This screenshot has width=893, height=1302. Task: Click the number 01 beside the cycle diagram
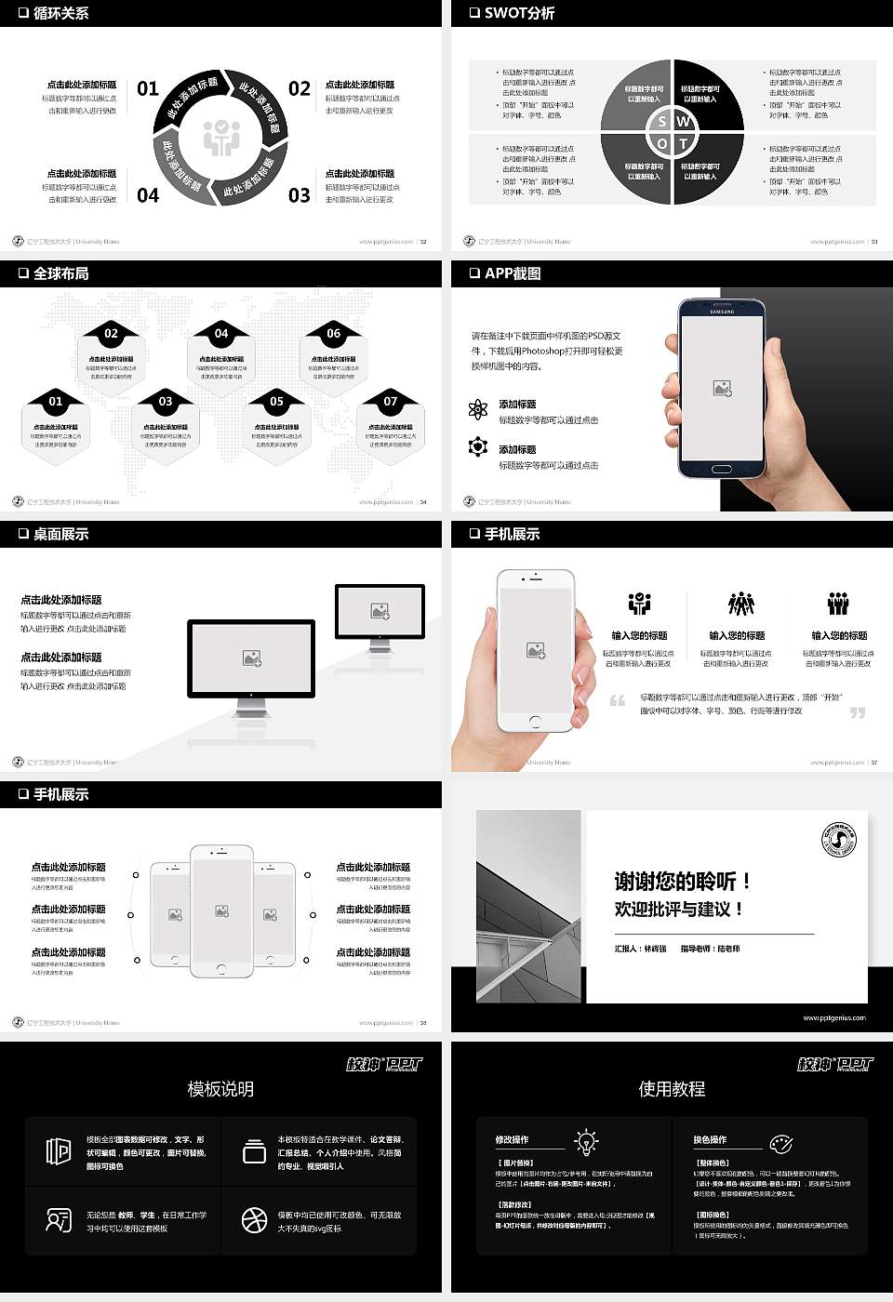pyautogui.click(x=148, y=88)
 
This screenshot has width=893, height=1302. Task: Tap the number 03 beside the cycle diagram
pyautogui.click(x=299, y=195)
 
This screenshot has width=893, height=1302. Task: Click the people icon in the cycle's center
pyautogui.click(x=221, y=138)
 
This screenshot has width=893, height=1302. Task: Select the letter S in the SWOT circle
pyautogui.click(x=661, y=121)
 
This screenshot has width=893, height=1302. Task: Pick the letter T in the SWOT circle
pyautogui.click(x=684, y=143)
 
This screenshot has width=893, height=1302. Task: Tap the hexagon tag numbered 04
pyautogui.click(x=221, y=333)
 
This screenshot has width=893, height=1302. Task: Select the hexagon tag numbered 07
pyautogui.click(x=391, y=402)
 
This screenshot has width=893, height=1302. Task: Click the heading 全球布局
pyautogui.click(x=60, y=273)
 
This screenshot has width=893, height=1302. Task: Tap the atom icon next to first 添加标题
pyautogui.click(x=478, y=409)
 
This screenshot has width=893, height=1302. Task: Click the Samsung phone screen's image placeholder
pyautogui.click(x=722, y=389)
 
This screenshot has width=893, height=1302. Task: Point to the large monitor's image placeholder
pyautogui.click(x=252, y=658)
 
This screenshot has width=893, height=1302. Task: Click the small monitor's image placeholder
pyautogui.click(x=380, y=611)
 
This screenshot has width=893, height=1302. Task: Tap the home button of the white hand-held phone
pyautogui.click(x=534, y=722)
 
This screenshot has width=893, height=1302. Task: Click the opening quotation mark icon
pyautogui.click(x=617, y=700)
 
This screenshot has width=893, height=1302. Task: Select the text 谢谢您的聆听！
pyautogui.click(x=682, y=881)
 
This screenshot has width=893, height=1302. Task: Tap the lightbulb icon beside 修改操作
pyautogui.click(x=586, y=1141)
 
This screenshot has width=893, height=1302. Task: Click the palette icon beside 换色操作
pyautogui.click(x=780, y=1143)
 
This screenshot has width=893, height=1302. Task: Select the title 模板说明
pyautogui.click(x=220, y=1089)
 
